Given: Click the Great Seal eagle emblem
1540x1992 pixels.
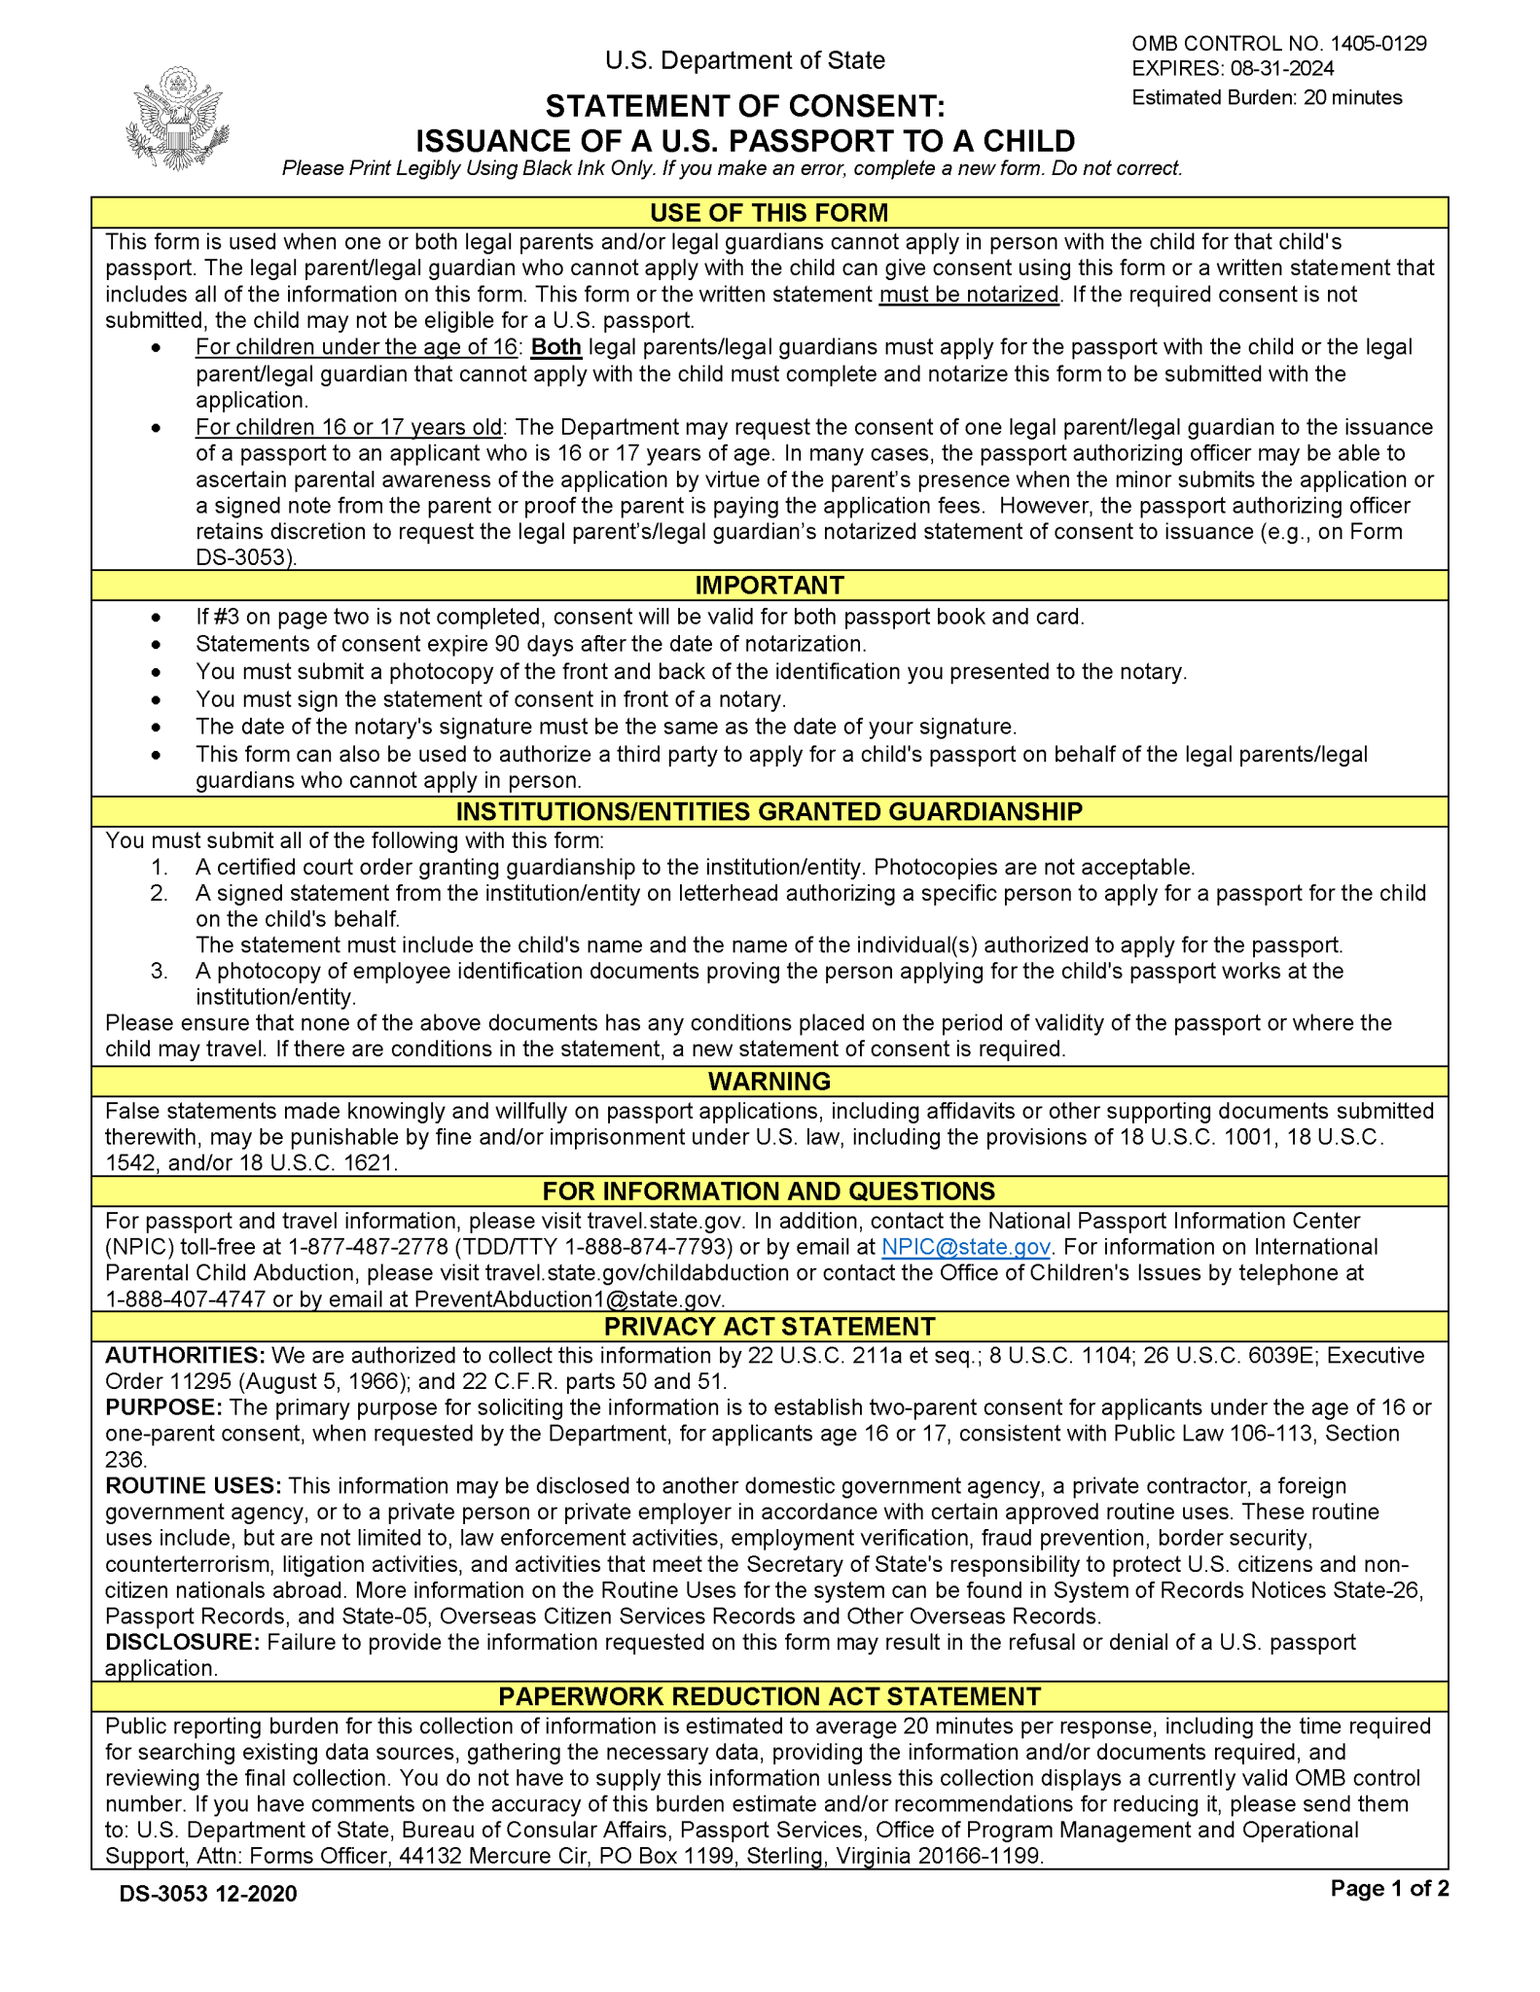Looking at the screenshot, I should pyautogui.click(x=177, y=119).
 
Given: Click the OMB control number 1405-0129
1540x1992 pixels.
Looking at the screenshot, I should pyautogui.click(x=1378, y=44).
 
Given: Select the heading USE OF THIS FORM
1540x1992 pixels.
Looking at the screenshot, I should pyautogui.click(x=769, y=213).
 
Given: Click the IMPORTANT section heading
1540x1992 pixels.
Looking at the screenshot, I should pyautogui.click(x=769, y=586).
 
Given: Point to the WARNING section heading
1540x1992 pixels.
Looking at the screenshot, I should pyautogui.click(x=769, y=1082).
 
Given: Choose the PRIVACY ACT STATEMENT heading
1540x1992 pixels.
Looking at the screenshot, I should pyautogui.click(x=769, y=1327).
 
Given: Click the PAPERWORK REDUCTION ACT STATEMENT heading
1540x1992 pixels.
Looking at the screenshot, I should pyautogui.click(x=769, y=1696).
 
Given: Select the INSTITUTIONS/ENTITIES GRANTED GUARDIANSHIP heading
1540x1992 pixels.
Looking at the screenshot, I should pyautogui.click(x=769, y=812).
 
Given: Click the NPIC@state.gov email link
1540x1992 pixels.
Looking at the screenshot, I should pyautogui.click(x=965, y=1248).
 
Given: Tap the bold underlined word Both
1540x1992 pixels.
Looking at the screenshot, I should pyautogui.click(x=555, y=347).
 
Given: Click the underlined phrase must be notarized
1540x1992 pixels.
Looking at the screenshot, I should pyautogui.click(x=968, y=295).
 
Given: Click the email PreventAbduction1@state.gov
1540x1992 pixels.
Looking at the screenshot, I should pyautogui.click(x=568, y=1299).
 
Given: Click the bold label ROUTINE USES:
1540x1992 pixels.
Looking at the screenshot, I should pyautogui.click(x=193, y=1486).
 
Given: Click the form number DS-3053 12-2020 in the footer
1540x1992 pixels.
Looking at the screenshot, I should pyautogui.click(x=208, y=1893).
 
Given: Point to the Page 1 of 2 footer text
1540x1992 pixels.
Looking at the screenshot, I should pyautogui.click(x=1389, y=1889).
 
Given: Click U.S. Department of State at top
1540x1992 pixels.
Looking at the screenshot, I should pyautogui.click(x=744, y=60).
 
